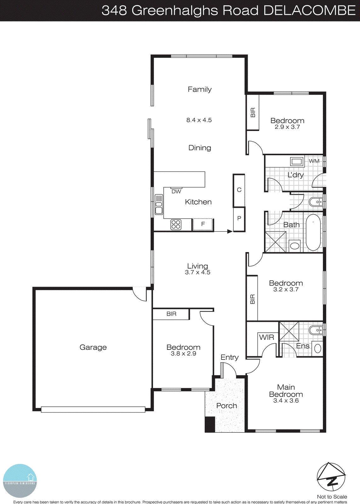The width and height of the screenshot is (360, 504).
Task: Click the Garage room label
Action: [93, 347]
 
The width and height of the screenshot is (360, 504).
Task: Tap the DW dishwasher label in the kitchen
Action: [176, 192]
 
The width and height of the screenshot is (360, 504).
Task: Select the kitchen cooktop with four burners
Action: [176, 225]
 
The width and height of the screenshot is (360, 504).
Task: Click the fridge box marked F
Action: [203, 224]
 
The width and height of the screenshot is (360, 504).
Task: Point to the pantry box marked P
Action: [239, 219]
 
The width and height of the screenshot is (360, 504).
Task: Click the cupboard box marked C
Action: [239, 190]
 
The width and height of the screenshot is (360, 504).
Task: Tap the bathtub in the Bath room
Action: [313, 232]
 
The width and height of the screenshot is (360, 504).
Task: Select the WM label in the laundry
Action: [314, 161]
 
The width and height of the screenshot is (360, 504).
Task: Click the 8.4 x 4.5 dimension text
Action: [199, 120]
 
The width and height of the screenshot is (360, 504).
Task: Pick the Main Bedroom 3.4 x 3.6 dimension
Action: [286, 401]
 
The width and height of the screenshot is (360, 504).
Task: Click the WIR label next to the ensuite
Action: [266, 337]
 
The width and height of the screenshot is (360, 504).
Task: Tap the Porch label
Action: [226, 406]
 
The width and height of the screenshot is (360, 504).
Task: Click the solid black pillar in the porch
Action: [210, 424]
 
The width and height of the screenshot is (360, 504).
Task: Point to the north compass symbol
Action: [331, 477]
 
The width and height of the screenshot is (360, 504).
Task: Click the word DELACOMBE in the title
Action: [309, 10]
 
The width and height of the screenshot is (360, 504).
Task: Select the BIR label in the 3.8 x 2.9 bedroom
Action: [171, 314]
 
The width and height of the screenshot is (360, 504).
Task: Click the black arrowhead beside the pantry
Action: [230, 232]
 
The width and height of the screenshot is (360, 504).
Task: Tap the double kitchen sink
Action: [159, 205]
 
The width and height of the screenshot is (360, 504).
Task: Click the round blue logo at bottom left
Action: [20, 481]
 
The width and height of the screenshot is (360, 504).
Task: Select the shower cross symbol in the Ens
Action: [289, 331]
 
